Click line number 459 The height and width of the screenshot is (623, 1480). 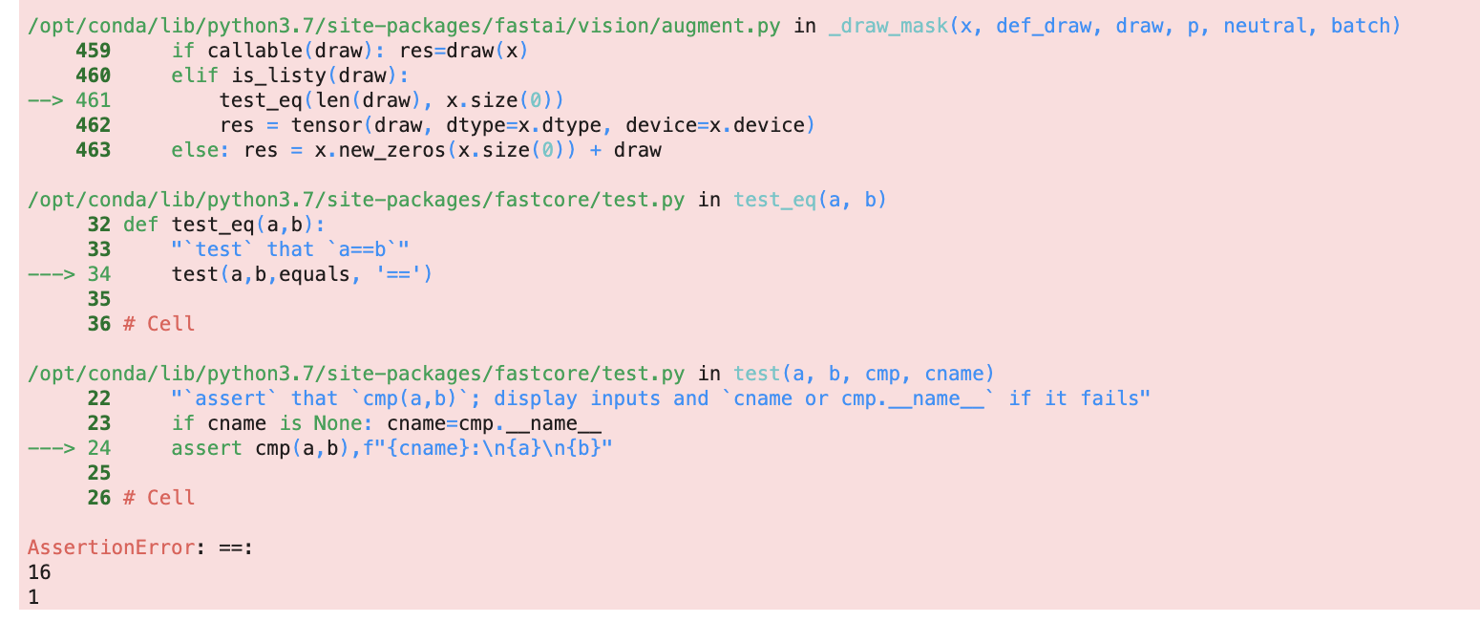93,51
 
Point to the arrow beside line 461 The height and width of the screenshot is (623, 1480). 46,100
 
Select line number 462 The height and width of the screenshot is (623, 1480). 93,125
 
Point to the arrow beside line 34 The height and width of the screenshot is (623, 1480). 52,274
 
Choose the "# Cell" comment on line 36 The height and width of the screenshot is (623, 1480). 159,324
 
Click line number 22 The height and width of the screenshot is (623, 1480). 98,398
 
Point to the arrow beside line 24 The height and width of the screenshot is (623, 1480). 52,448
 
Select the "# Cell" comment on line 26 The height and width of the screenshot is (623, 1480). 159,498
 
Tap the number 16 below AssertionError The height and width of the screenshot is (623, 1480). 40,572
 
